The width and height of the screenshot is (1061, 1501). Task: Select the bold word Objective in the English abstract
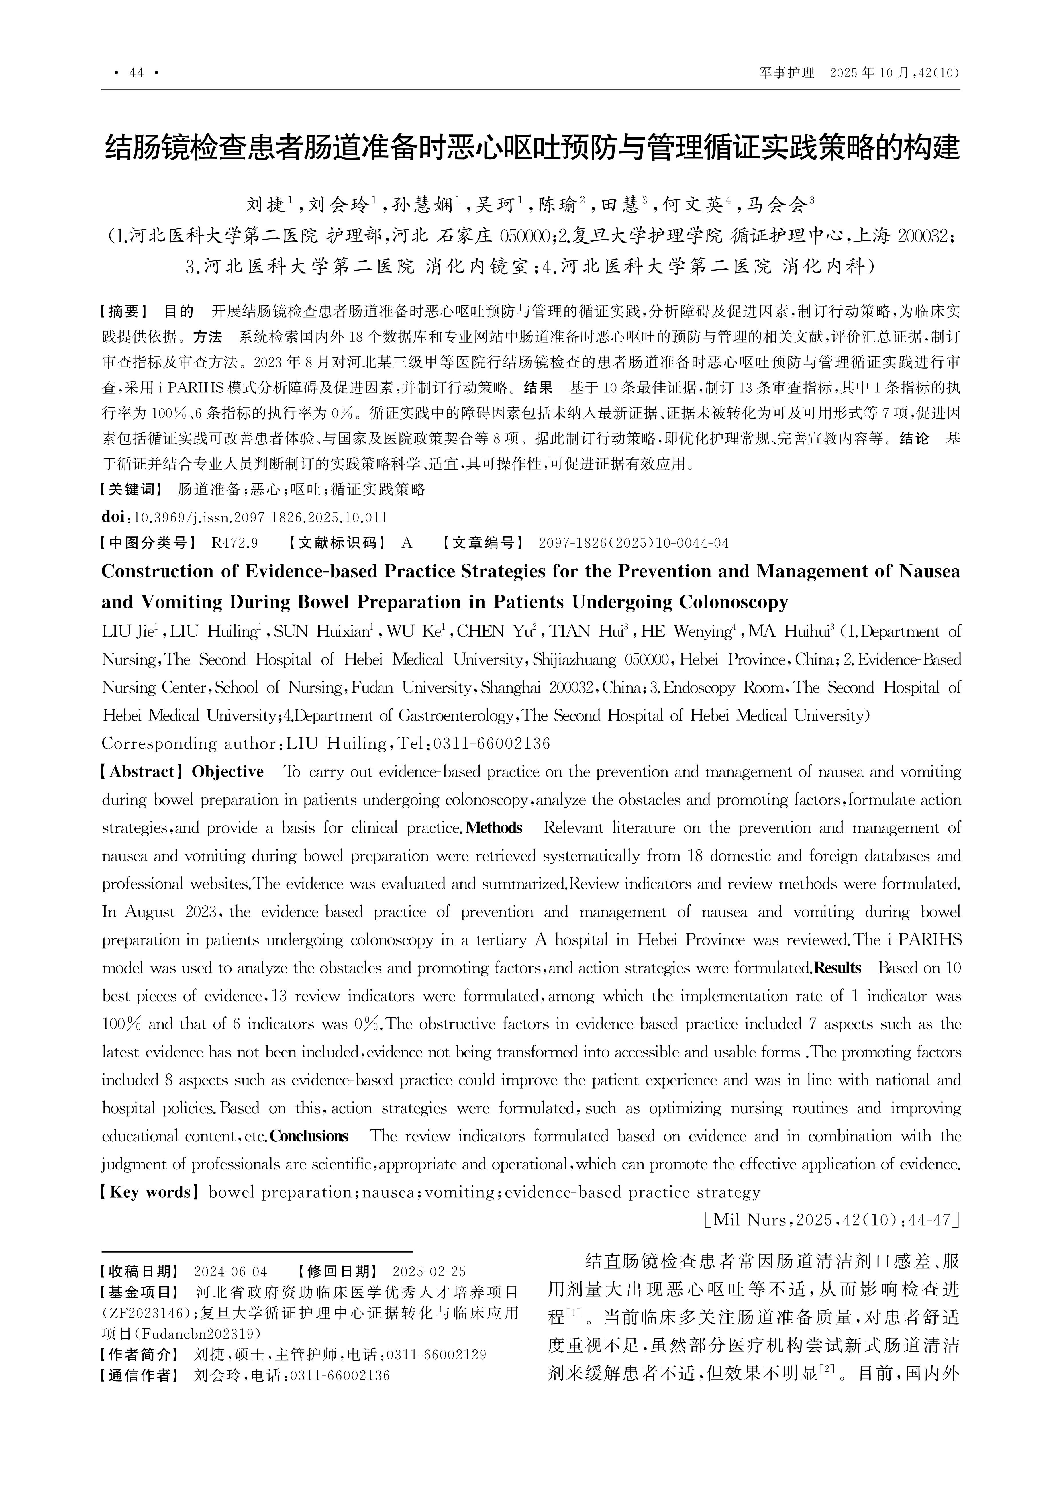[x=228, y=772]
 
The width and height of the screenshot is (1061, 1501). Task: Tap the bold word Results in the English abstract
[x=838, y=968]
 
